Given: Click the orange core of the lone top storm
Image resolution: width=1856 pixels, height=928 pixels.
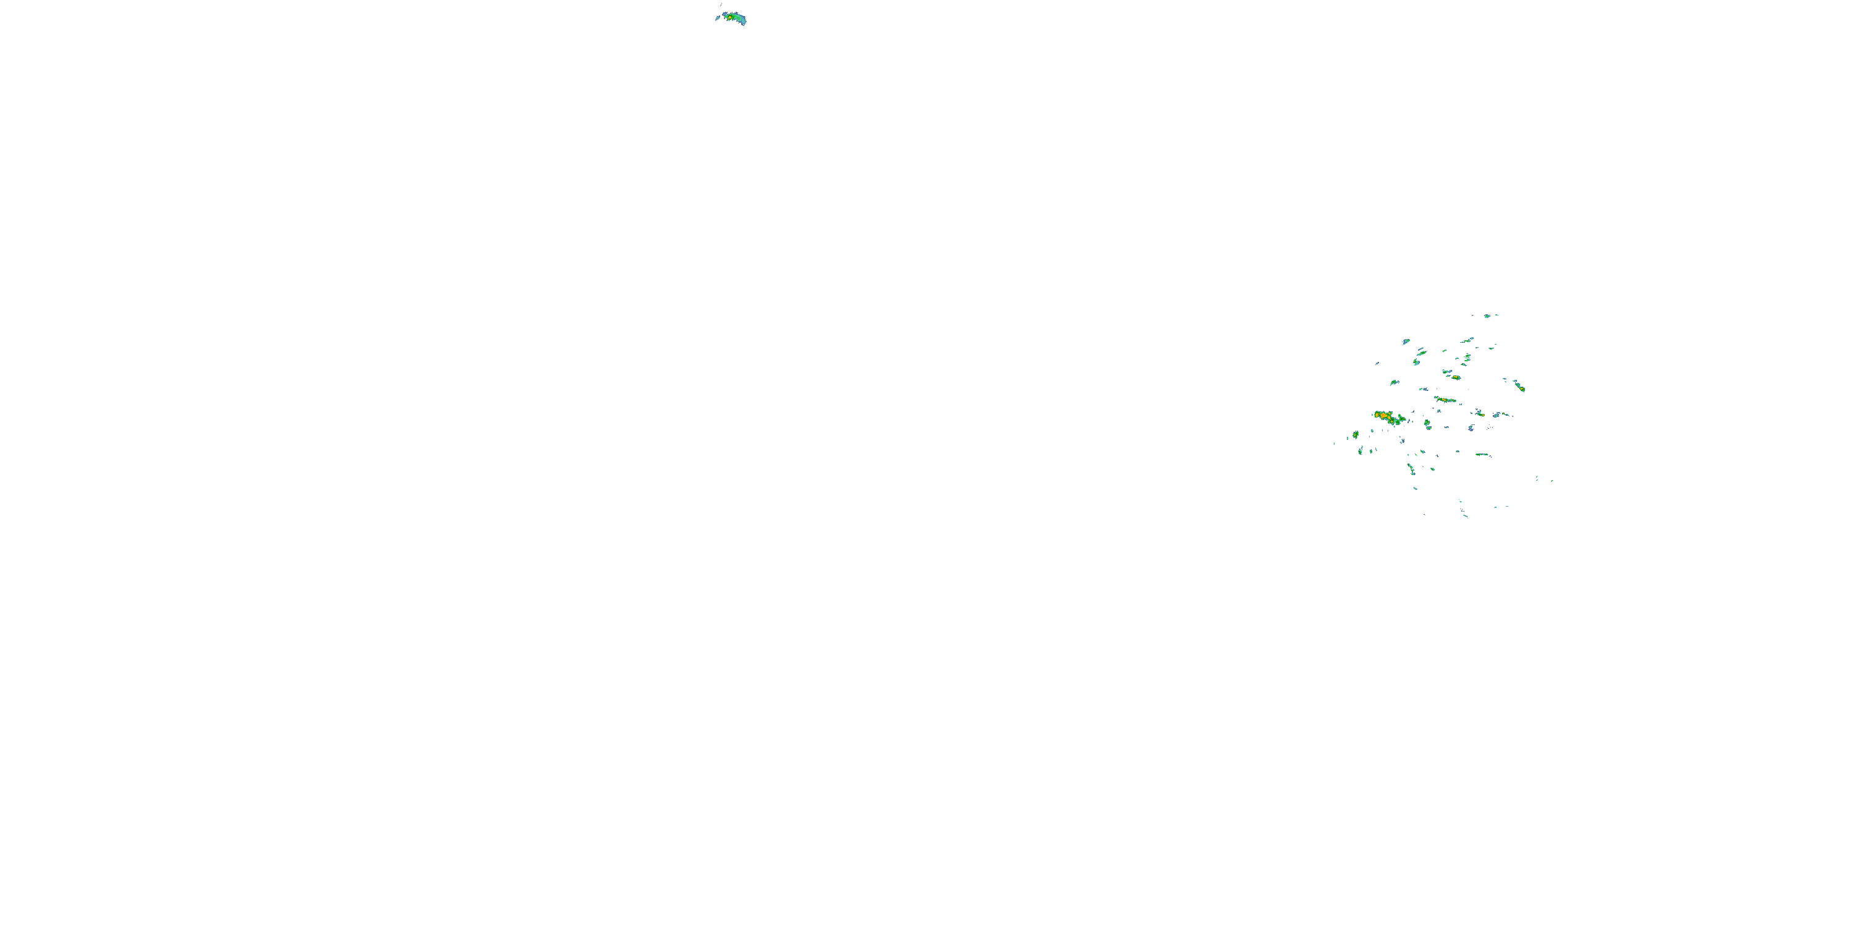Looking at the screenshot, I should (731, 16).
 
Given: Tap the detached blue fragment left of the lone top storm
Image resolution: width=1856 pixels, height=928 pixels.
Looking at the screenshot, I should (717, 18).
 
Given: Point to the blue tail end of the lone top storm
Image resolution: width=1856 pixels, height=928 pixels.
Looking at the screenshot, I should (743, 21).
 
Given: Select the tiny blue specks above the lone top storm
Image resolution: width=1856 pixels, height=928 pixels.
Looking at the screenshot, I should (721, 6).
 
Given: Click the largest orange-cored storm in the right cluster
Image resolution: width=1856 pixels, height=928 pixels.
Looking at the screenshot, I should (1383, 416).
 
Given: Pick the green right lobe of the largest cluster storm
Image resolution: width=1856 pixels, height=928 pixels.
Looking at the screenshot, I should (1400, 420).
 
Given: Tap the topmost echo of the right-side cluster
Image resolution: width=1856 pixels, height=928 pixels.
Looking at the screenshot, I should (1487, 316).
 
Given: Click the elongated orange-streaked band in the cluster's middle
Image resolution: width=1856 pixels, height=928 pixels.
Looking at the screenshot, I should (1445, 400).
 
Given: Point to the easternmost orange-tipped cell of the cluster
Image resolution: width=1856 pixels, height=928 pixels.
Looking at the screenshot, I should (1520, 388).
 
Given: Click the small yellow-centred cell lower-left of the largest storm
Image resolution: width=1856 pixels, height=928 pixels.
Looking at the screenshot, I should (1355, 435).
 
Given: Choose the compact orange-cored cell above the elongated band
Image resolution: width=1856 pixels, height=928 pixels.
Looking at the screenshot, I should (1454, 377).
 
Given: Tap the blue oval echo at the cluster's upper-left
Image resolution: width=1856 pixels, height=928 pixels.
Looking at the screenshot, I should (1406, 341).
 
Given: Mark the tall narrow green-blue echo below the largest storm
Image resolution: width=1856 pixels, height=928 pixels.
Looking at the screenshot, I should (1410, 468).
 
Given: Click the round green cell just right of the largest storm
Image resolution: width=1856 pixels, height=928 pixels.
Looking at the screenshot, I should (1427, 424).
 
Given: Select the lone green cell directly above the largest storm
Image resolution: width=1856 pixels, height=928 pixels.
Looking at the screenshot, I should (1394, 382).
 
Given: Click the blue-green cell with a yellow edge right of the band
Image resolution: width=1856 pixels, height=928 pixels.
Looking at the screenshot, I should (1479, 413).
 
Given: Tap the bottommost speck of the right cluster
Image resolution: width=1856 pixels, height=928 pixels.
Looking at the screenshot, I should (1466, 517).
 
